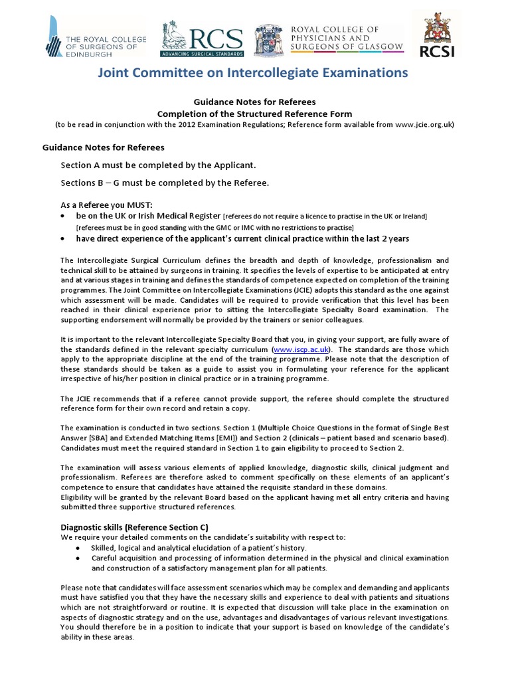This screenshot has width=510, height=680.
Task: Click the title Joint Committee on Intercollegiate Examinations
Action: click(x=254, y=72)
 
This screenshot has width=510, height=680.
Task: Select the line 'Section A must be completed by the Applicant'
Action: click(x=157, y=165)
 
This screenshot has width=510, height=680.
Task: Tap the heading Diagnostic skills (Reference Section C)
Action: click(x=134, y=527)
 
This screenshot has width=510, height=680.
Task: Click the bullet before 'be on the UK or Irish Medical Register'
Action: click(x=63, y=216)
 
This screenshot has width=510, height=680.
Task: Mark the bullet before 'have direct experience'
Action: click(x=63, y=238)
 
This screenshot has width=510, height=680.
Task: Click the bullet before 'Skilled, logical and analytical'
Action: click(x=78, y=547)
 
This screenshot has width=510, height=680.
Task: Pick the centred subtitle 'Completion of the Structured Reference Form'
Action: click(x=254, y=114)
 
